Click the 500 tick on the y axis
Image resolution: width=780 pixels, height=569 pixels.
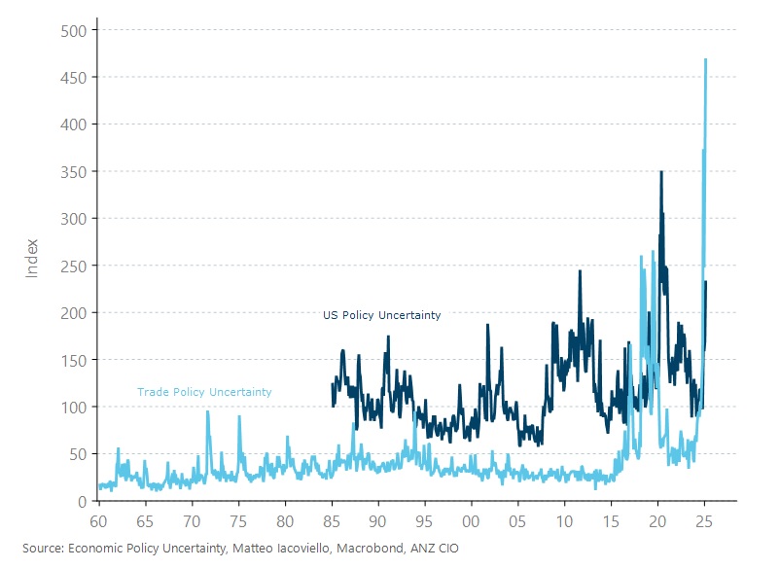(76, 30)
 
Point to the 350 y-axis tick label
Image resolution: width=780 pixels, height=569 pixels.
(76, 171)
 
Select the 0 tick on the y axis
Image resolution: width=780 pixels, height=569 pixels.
(84, 501)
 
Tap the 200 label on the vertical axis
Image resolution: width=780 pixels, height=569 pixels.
(76, 312)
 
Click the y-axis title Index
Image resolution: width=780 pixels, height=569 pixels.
(31, 257)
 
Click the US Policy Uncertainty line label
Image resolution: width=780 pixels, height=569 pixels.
(381, 315)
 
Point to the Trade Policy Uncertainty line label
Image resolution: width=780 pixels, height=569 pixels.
(204, 392)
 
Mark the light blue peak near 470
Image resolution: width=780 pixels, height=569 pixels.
(705, 59)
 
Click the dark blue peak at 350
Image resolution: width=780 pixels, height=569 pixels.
(661, 172)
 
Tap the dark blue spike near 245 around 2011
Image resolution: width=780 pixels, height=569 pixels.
(580, 270)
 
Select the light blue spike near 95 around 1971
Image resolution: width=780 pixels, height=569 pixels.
(207, 411)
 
